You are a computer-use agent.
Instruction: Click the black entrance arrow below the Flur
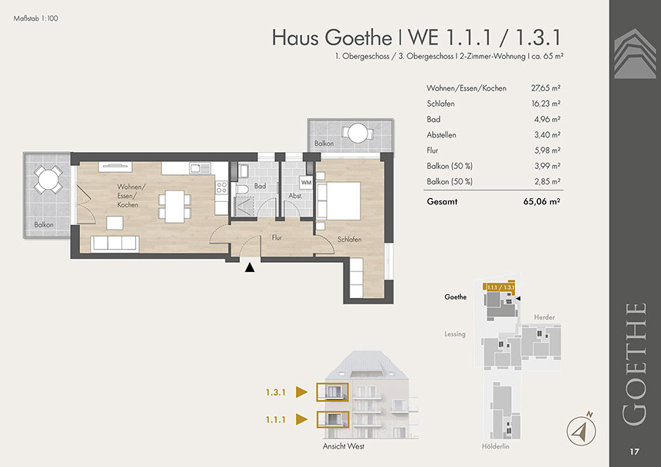[250, 267]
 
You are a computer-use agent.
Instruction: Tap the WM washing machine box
[307, 182]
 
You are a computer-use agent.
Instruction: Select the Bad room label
[260, 186]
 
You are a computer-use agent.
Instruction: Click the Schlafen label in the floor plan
[350, 239]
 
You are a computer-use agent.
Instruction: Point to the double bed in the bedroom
[339, 201]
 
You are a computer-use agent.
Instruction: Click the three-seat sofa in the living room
[115, 243]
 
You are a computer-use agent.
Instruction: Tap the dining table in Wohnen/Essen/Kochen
[174, 207]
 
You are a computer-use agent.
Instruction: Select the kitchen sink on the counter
[200, 168]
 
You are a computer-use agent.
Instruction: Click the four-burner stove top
[221, 188]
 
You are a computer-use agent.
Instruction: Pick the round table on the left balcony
[48, 180]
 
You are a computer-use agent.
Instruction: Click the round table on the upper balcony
[358, 132]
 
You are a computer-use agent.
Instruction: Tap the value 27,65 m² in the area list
[546, 88]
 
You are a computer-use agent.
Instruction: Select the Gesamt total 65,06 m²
[542, 202]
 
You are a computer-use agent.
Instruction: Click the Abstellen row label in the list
[441, 134]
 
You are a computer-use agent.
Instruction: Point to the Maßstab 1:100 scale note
[36, 18]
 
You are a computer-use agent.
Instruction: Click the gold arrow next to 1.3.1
[301, 392]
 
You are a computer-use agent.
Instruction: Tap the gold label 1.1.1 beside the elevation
[276, 420]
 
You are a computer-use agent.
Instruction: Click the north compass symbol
[581, 430]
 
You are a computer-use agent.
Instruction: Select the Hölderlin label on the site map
[496, 446]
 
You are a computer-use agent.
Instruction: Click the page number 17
[634, 452]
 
